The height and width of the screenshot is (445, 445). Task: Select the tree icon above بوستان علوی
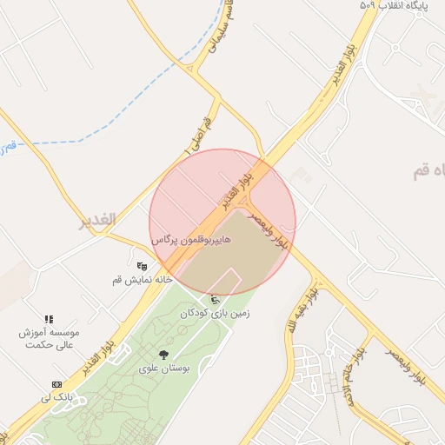click(x=163, y=354)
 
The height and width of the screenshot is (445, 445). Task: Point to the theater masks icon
click(x=142, y=266)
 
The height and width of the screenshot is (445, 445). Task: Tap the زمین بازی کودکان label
click(x=215, y=313)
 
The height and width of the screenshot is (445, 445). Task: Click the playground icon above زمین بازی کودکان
click(x=216, y=300)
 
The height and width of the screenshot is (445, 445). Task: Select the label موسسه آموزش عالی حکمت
click(x=50, y=339)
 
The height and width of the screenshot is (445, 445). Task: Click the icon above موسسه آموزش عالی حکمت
click(x=50, y=320)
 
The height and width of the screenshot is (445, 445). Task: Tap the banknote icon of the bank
click(x=57, y=384)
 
